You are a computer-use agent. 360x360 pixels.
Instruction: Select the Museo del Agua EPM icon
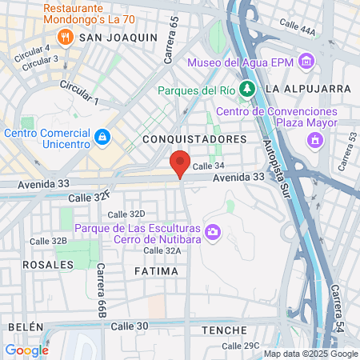tap(306, 62)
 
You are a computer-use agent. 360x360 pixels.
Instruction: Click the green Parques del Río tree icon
tap(249, 89)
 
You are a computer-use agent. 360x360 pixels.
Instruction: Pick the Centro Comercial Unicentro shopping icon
tap(102, 137)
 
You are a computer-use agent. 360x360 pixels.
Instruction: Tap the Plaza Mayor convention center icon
tap(315, 141)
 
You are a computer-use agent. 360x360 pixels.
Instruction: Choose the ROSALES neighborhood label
tap(42, 263)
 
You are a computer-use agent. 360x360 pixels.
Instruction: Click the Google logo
tap(26, 350)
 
